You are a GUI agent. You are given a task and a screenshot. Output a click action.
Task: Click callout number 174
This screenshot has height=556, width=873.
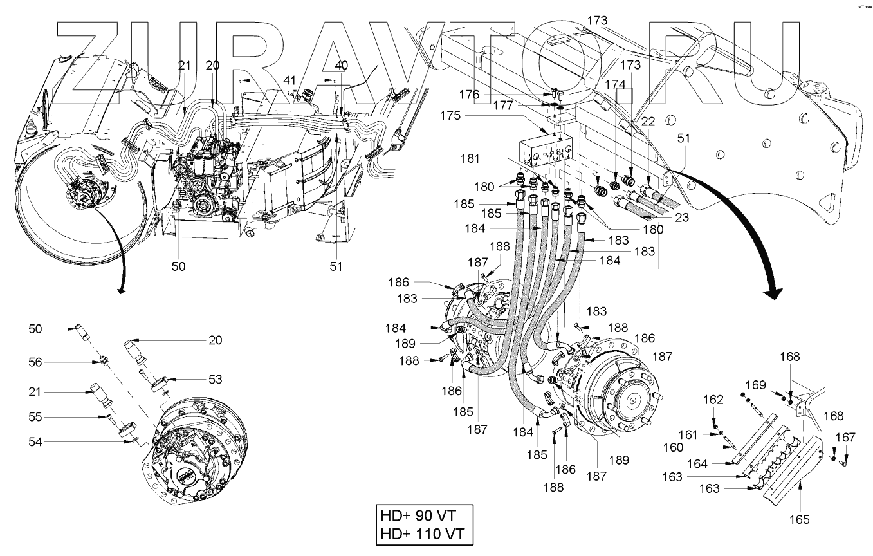(614, 84)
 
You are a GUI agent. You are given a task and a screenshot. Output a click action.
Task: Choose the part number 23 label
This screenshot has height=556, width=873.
(682, 218)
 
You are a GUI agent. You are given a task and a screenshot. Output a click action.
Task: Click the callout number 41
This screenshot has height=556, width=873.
(290, 80)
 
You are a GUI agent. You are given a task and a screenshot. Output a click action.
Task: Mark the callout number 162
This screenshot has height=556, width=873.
(713, 400)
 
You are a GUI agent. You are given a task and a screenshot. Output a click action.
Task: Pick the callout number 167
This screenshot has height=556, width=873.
(847, 438)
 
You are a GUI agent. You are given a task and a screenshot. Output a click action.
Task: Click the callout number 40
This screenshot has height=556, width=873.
(341, 65)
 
